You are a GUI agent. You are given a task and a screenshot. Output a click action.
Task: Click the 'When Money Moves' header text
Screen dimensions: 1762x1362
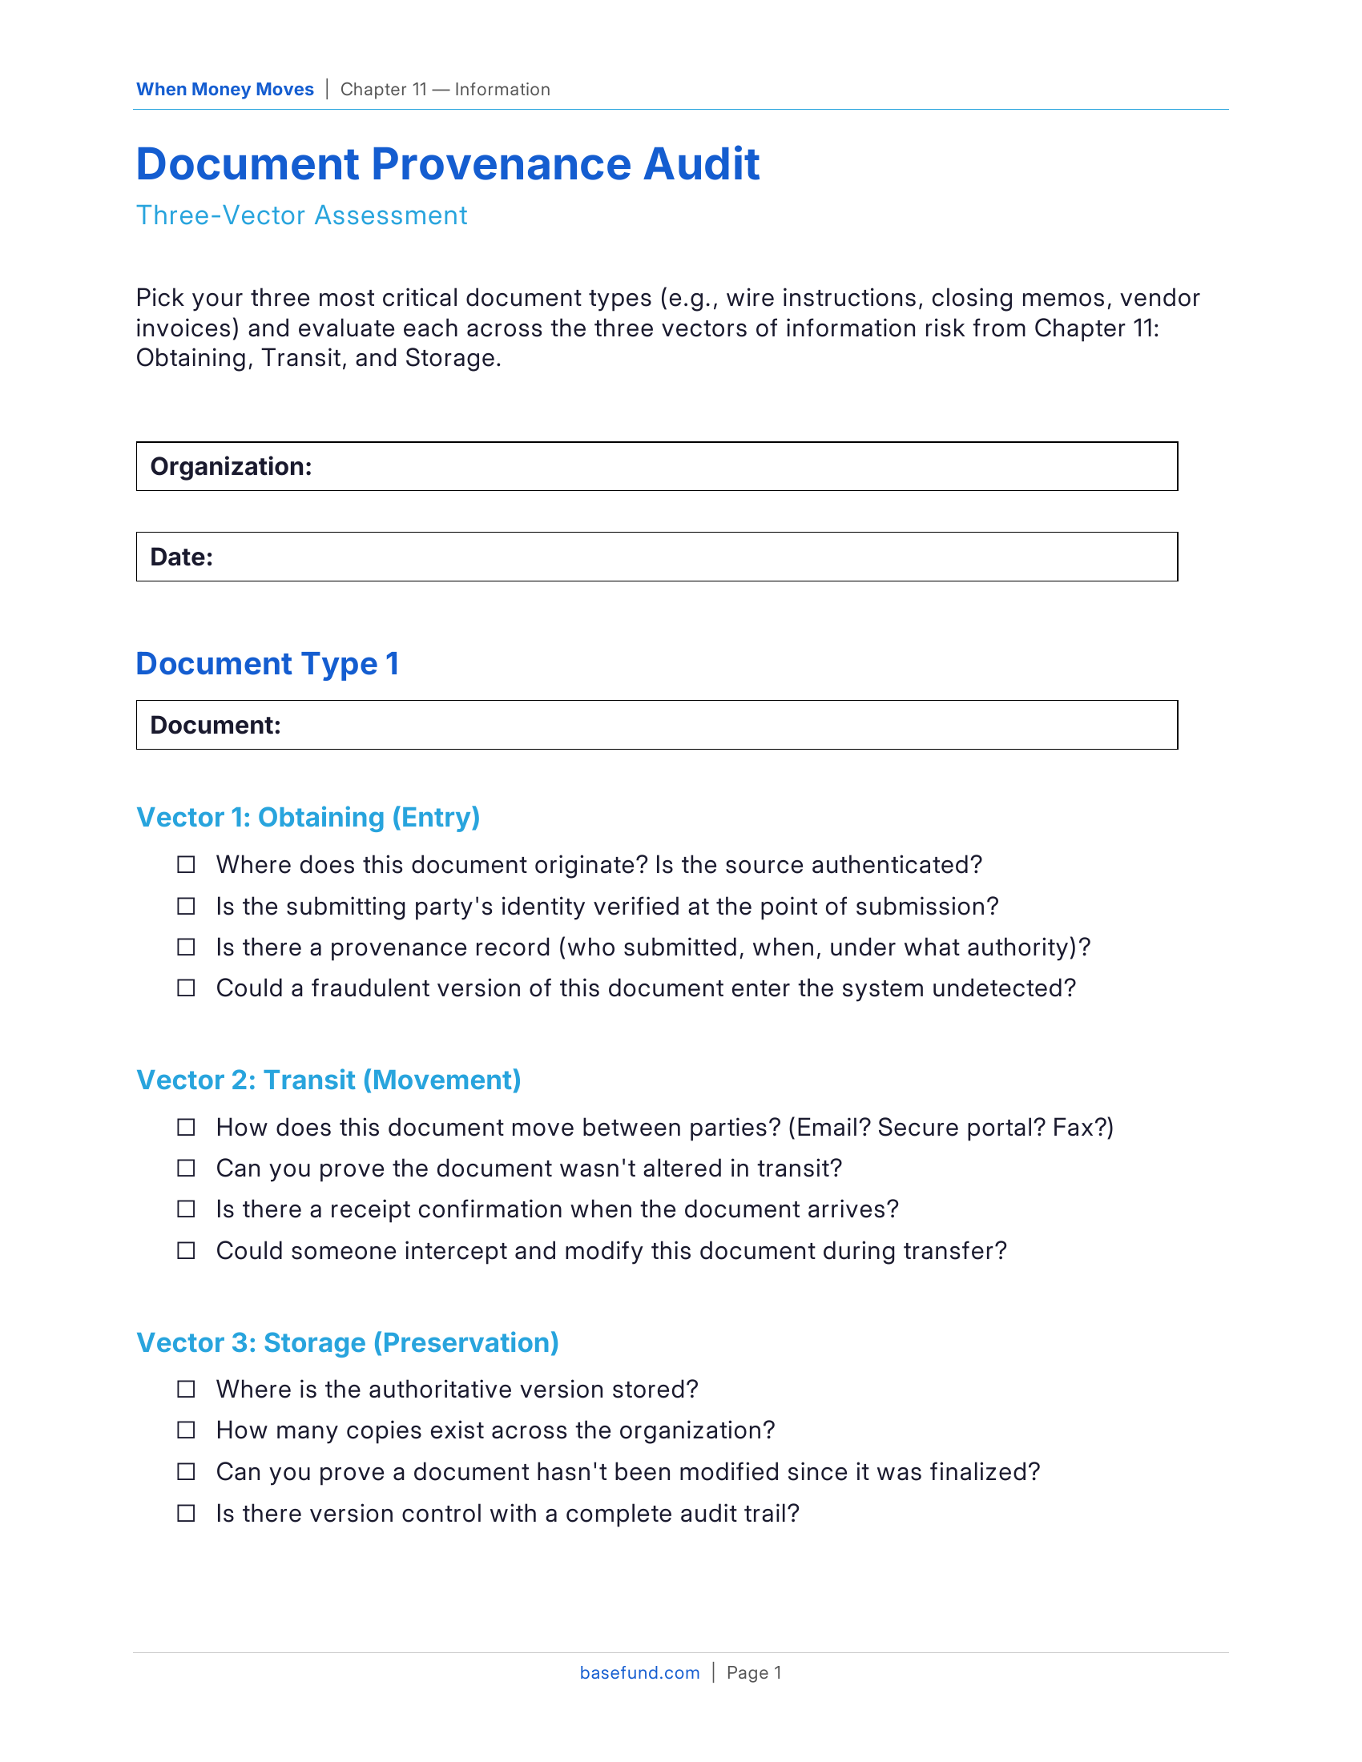(224, 90)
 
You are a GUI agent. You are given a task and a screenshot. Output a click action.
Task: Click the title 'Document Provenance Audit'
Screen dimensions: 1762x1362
(447, 164)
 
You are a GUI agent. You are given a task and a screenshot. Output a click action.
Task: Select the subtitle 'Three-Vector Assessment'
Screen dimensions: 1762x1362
(301, 215)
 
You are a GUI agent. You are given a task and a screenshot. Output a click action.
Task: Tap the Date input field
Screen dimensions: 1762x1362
(694, 557)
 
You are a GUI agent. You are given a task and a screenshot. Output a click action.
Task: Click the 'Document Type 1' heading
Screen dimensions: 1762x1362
(267, 663)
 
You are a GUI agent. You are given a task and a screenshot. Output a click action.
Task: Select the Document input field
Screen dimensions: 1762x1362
(726, 726)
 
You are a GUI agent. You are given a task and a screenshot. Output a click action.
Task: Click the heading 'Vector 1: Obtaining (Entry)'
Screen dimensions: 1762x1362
(308, 817)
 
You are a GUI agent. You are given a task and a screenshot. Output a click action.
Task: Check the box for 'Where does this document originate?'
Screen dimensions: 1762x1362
(187, 865)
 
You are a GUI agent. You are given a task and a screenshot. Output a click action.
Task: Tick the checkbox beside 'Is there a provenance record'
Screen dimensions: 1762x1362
(187, 947)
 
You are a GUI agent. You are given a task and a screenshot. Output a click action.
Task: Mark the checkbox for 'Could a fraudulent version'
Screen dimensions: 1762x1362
(187, 988)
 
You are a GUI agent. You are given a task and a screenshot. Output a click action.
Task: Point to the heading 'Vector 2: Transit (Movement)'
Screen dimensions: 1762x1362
(328, 1080)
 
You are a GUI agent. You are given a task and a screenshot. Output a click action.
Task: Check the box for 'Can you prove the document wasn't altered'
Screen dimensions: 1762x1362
(187, 1169)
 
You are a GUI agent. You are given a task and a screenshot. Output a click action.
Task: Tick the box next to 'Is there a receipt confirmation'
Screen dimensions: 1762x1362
(187, 1209)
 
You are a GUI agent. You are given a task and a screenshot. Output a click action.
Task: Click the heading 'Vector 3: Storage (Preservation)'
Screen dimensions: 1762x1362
(347, 1342)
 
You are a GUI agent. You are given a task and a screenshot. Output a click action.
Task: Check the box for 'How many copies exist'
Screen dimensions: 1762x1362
(187, 1430)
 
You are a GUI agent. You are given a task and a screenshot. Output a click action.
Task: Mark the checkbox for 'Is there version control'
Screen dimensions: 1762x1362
(187, 1514)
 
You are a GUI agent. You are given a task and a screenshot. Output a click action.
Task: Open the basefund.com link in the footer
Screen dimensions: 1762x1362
(639, 1672)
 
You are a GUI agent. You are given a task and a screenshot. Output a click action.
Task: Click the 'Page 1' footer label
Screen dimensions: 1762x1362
(754, 1672)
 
